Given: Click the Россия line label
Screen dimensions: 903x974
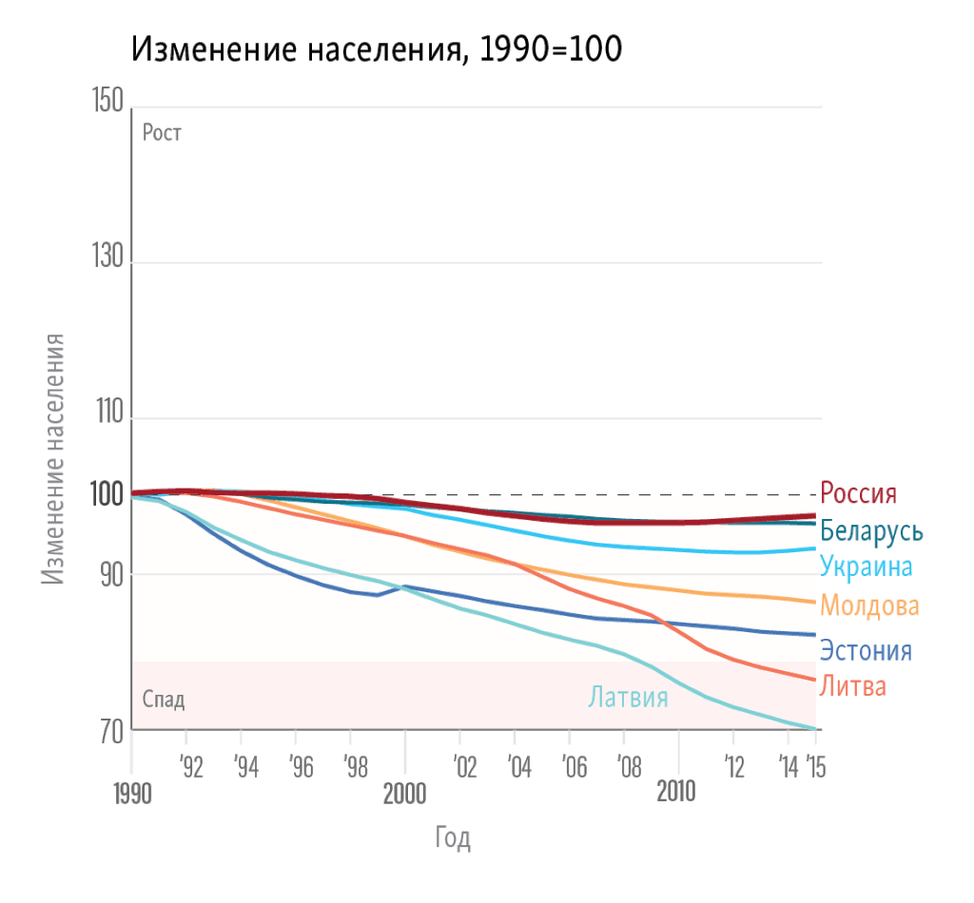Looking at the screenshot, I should click(858, 493).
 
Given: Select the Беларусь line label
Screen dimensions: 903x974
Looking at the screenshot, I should click(871, 530).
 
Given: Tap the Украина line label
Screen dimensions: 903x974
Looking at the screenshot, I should click(866, 567).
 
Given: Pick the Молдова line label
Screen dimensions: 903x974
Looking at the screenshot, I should click(869, 605).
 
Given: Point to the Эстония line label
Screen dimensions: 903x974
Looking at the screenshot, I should click(866, 651).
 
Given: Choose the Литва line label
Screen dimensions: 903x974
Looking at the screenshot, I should click(853, 685).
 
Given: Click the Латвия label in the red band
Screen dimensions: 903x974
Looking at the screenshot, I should click(628, 698).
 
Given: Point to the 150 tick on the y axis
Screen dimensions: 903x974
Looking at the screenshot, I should click(107, 102).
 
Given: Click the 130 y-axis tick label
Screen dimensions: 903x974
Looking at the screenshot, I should click(107, 258).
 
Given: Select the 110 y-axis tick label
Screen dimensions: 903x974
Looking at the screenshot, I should click(107, 413).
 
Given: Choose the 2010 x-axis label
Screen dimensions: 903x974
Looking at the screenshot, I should click(676, 792).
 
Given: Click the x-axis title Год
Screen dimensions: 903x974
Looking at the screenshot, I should click(454, 838).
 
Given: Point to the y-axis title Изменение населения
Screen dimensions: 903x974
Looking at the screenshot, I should click(55, 458).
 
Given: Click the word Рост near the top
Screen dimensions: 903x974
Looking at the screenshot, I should click(162, 133).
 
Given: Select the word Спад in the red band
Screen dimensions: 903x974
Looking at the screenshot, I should click(163, 701).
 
